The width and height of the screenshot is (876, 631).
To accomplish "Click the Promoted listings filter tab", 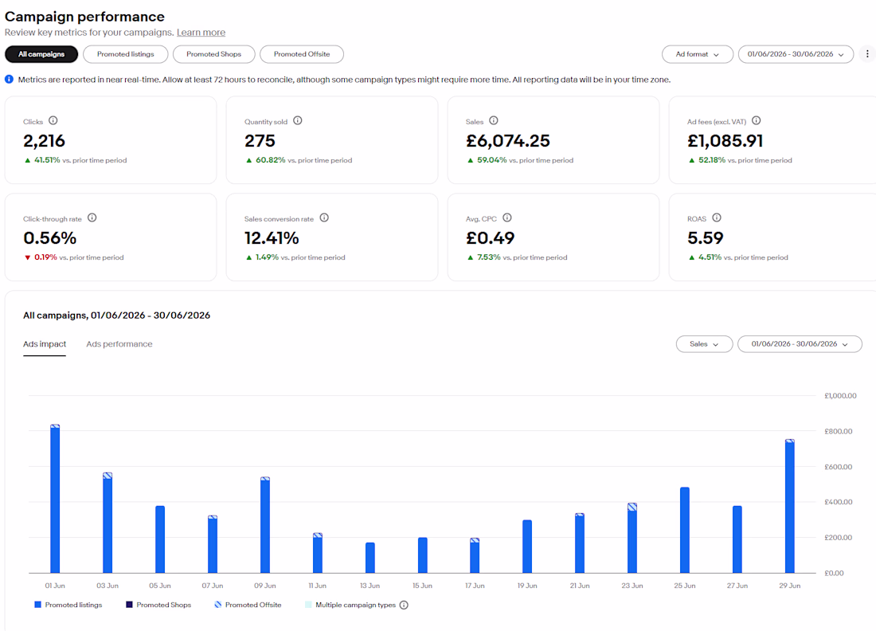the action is tap(125, 54).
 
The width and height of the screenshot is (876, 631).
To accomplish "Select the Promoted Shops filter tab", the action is tap(214, 54).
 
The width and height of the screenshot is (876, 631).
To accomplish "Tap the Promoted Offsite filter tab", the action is tap(302, 54).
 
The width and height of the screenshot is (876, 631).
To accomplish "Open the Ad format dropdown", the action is tap(698, 54).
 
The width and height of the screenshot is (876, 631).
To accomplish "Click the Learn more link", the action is tap(201, 33).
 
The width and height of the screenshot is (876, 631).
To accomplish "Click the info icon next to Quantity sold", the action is tap(298, 121).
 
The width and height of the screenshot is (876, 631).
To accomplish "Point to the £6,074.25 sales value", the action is tap(508, 141).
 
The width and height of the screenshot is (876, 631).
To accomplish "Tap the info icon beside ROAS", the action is tap(717, 218).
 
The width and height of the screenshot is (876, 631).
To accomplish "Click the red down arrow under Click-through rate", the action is tap(27, 257).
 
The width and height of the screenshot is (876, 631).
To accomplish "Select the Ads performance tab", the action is tap(119, 344).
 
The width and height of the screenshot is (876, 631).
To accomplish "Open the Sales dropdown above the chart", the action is tap(704, 344).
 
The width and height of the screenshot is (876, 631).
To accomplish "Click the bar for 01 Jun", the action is tap(55, 499).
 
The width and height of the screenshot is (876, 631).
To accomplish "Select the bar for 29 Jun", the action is tap(789, 506).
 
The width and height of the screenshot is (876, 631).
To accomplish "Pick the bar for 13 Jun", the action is tap(370, 558).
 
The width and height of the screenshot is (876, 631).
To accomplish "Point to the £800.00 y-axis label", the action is tap(838, 432).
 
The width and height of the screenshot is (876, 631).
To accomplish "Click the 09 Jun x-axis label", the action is tap(265, 586).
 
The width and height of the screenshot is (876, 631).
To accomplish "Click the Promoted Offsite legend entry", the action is tap(248, 605).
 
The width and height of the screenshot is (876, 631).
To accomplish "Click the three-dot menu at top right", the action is tap(867, 54).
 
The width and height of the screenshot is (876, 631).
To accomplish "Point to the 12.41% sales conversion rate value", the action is tap(272, 238).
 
